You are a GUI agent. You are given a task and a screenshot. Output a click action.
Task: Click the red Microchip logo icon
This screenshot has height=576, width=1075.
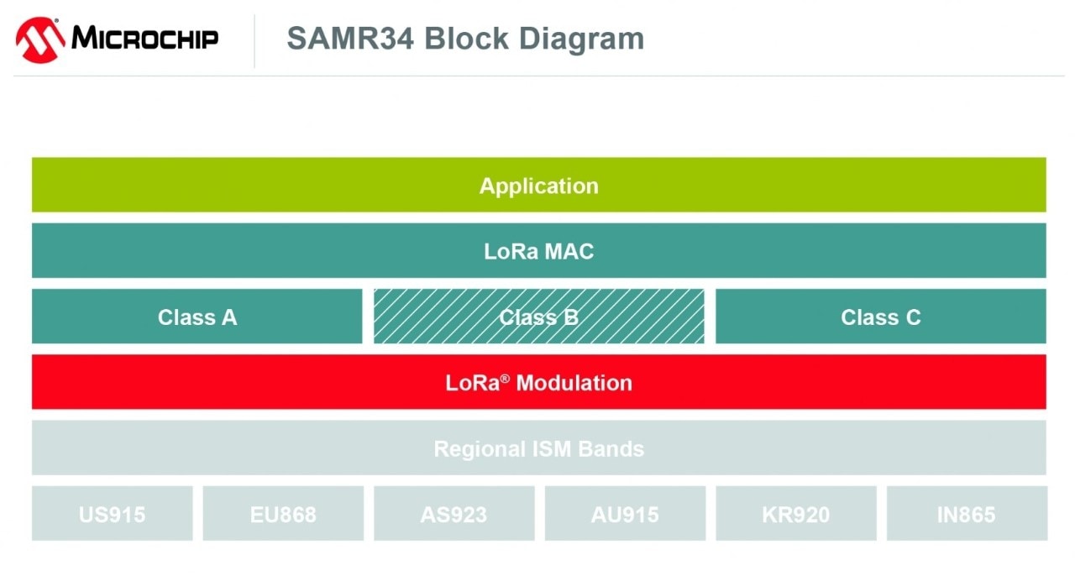[x=39, y=39]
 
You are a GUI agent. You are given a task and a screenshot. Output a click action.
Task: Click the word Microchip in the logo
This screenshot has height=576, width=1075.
[x=144, y=39]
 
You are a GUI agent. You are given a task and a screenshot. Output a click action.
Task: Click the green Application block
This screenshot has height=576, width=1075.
[x=538, y=186]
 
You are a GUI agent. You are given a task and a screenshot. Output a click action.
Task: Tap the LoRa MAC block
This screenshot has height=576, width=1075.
[x=538, y=251]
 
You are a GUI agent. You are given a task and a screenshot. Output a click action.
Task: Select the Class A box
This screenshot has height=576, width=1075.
[x=197, y=317]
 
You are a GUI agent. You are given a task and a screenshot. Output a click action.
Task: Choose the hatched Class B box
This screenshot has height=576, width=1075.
[x=538, y=317]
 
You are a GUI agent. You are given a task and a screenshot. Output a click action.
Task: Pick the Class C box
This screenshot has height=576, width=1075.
[x=880, y=317]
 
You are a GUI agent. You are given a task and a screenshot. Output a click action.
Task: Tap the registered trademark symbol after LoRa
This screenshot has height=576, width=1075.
[x=505, y=379]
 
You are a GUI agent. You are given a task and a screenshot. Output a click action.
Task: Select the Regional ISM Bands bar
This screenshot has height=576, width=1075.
[x=538, y=448]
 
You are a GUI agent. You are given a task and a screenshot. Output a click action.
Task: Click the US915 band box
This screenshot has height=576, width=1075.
[x=112, y=514]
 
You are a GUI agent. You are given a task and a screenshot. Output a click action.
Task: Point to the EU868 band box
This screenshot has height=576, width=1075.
[x=283, y=514]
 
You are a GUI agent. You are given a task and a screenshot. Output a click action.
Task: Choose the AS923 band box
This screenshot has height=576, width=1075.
[x=454, y=514]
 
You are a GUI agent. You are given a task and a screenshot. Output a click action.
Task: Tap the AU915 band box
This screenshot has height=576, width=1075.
[x=625, y=514]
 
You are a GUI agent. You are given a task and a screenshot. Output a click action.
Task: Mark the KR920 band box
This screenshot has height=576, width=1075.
[x=795, y=514]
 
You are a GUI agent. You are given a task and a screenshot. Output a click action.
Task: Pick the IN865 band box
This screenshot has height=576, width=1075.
[x=967, y=514]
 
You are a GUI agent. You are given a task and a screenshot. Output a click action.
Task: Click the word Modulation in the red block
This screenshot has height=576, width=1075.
[x=574, y=383]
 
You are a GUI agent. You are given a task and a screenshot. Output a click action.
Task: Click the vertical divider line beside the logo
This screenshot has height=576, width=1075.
[x=254, y=40]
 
